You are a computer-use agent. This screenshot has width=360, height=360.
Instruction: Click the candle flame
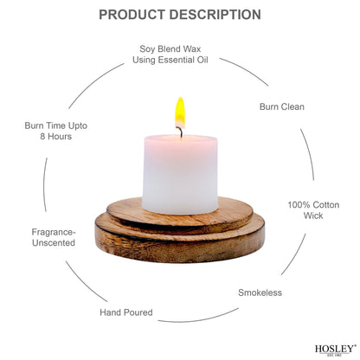coord(180,112)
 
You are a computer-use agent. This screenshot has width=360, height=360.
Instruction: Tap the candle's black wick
coord(181,132)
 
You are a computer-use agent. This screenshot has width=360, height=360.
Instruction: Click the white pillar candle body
coord(180,174)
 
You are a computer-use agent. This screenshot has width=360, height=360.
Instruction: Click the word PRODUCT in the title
coord(132,15)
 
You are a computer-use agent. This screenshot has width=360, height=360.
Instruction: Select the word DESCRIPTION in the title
coord(215,15)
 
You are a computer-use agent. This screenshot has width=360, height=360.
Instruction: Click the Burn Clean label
coord(282,106)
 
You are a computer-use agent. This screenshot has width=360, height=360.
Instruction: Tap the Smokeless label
coord(260,292)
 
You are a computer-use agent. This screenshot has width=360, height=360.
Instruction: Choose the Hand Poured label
coord(126,312)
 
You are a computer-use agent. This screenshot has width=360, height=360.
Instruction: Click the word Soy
coord(146,49)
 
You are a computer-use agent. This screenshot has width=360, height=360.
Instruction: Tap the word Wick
coord(313,215)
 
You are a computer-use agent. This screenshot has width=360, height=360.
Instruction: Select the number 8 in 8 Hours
coord(42,136)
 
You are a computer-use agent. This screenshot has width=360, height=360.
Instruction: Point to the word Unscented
coord(54,242)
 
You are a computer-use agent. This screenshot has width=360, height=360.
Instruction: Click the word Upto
coord(78,125)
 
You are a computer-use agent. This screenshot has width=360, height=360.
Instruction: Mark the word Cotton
coord(326,205)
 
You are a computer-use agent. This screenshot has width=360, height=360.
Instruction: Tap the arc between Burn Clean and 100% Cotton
coord(309,153)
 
